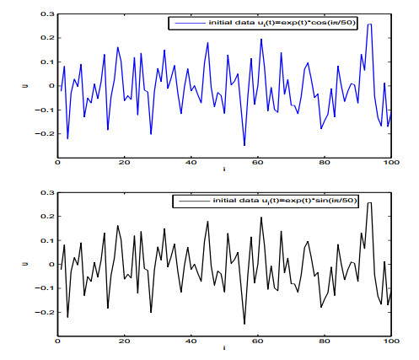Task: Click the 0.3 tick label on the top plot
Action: click(x=47, y=14)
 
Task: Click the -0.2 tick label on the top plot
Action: click(x=46, y=133)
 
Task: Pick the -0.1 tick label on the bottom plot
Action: click(x=46, y=288)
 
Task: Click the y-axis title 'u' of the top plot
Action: click(x=29, y=85)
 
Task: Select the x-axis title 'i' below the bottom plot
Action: click(x=223, y=348)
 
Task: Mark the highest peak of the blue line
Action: click(x=369, y=24)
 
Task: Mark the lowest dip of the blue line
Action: click(x=244, y=145)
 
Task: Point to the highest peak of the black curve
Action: click(x=369, y=203)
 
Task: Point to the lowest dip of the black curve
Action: click(x=244, y=324)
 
